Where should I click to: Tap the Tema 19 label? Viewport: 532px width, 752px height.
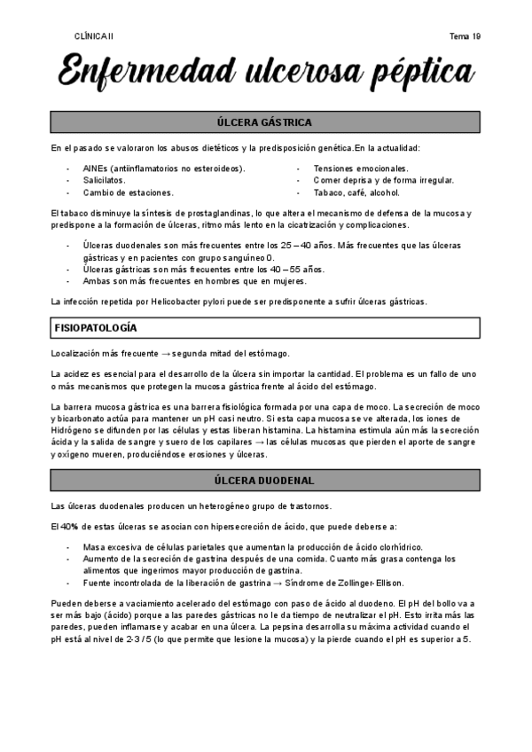point(465,35)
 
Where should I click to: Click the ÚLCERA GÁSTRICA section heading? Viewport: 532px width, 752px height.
point(264,121)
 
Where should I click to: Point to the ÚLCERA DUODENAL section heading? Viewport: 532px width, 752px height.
point(264,481)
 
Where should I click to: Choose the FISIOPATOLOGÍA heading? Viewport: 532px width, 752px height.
point(96,328)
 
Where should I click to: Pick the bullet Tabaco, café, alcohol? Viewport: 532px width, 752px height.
point(356,192)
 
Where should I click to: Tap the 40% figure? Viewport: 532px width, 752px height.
point(64,527)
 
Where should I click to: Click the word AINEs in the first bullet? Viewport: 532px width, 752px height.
point(96,168)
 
